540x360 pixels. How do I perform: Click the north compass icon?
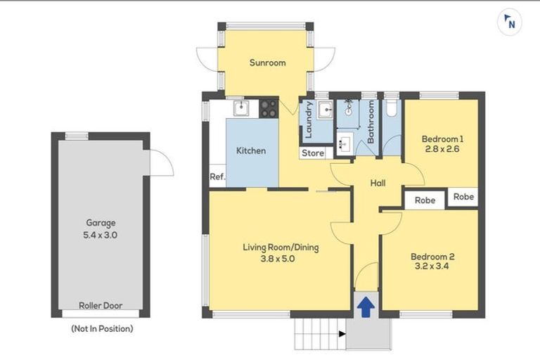pos(509,22)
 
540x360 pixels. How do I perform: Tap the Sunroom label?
pos(267,63)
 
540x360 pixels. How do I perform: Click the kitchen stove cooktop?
pos(269,108)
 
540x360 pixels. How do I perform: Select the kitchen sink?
pos(241,108)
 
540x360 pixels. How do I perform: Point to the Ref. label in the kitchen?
pos(217,177)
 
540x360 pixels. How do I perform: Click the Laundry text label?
pos(307,120)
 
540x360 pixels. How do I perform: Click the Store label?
pos(313,153)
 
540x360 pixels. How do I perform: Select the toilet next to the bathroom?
pos(391,108)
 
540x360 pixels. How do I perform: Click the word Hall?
pos(378,184)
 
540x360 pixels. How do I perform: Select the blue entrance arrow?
pos(366,307)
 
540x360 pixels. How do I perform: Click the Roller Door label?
pos(100,306)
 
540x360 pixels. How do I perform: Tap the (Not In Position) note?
pos(101,328)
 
